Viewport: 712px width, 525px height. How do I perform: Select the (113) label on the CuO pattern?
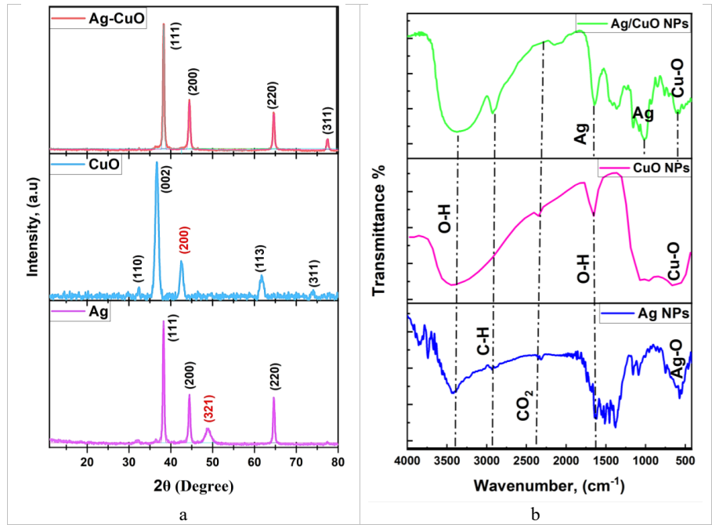pos(262,259)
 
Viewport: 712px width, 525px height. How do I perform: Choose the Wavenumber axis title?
pos(548,487)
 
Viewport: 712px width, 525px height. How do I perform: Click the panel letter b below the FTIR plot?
pos(536,515)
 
